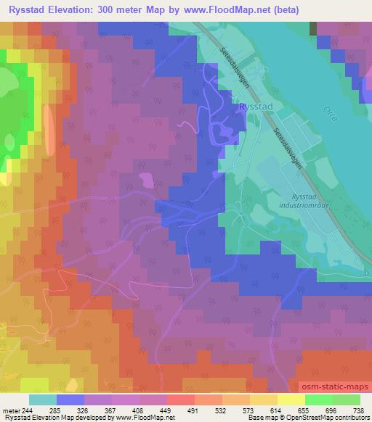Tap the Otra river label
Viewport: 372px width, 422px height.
click(x=328, y=114)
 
